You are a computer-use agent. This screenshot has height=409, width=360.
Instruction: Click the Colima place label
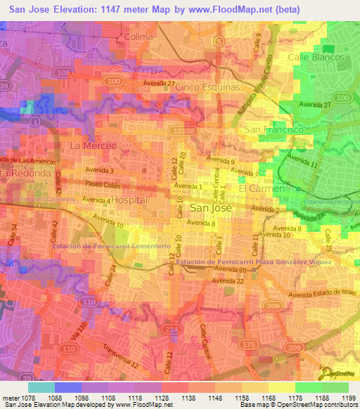[138, 36]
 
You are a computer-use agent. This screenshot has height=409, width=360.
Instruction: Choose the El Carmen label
[262, 189]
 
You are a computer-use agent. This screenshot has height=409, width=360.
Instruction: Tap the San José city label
[208, 208]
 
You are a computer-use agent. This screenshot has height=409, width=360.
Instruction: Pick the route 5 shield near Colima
[221, 42]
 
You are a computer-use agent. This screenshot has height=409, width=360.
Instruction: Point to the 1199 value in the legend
[347, 398]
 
